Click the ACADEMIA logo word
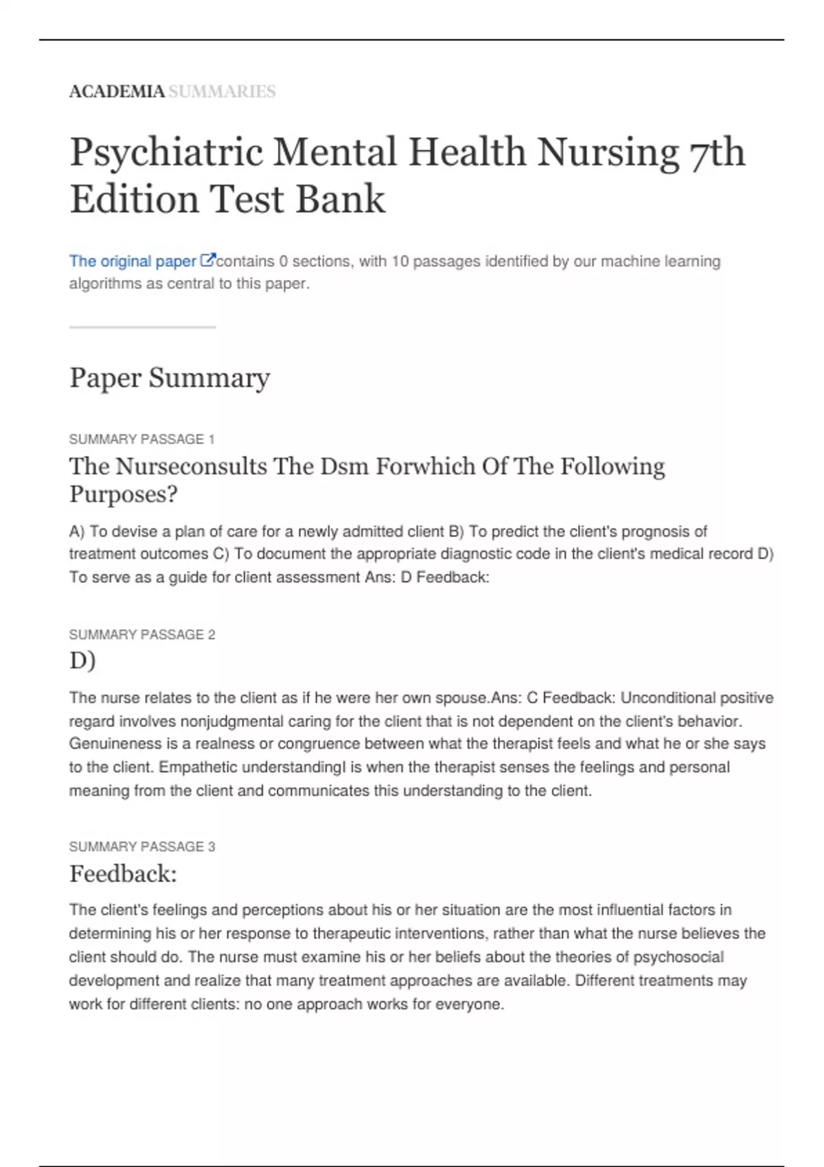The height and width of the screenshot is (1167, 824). pos(117,91)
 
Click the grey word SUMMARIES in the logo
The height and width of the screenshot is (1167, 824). pos(222,91)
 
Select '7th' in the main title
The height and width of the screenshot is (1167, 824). pos(716,152)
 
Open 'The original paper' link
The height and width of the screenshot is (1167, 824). pos(133,262)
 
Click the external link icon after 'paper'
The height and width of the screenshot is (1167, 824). pos(207,261)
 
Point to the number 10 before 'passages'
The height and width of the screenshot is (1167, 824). pos(400,262)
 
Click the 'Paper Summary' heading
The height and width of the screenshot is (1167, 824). pos(170,378)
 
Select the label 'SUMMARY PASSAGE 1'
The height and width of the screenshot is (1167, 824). pos(142,439)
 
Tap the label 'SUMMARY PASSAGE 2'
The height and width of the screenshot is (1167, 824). pos(142,635)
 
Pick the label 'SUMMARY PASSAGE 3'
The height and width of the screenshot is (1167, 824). pos(142,847)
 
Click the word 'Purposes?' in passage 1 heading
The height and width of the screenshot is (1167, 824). pos(124,494)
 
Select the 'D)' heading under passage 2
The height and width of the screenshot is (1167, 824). pos(82,660)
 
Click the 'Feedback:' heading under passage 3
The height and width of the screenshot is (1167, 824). pos(123,874)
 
